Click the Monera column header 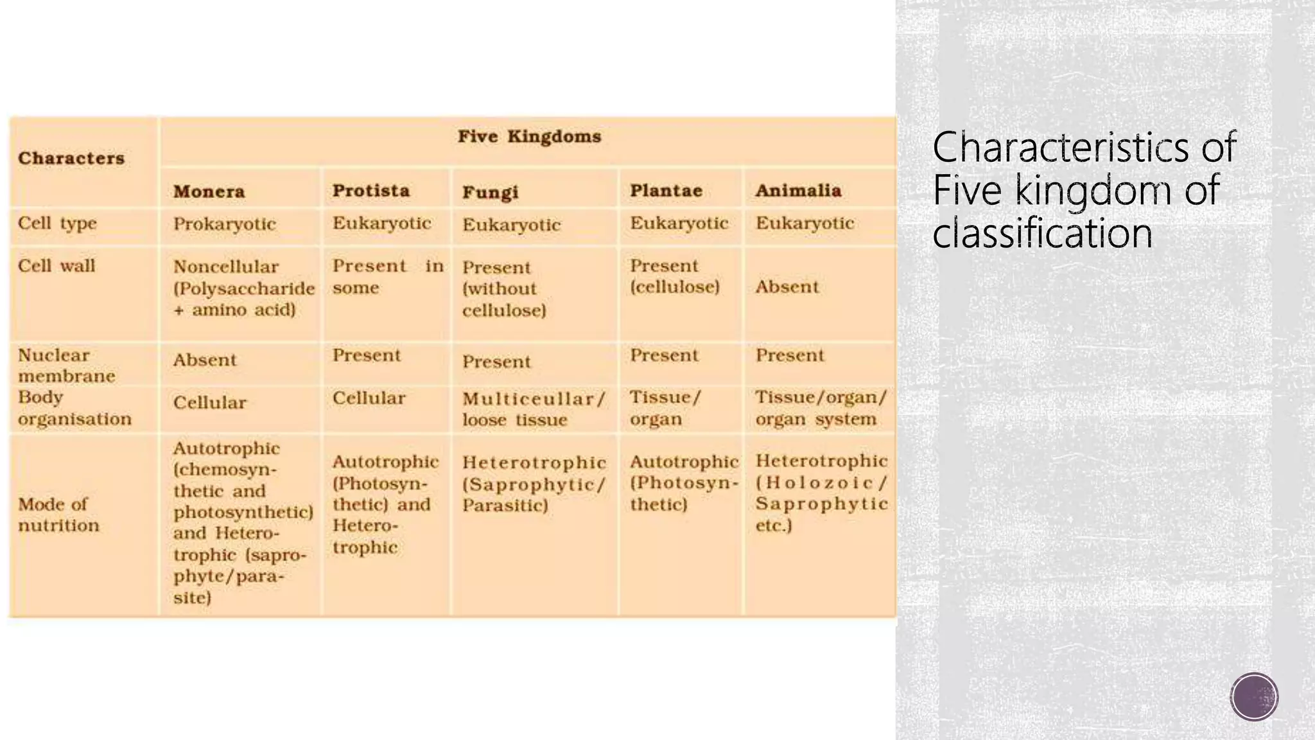pyautogui.click(x=209, y=191)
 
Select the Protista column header pyautogui.click(x=371, y=191)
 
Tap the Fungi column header pyautogui.click(x=491, y=192)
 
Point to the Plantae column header pyautogui.click(x=666, y=191)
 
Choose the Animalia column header pyautogui.click(x=798, y=191)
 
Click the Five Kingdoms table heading pyautogui.click(x=529, y=137)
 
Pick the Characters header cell pyautogui.click(x=71, y=159)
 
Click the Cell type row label pyautogui.click(x=58, y=224)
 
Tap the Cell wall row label pyautogui.click(x=57, y=266)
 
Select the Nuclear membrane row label pyautogui.click(x=66, y=366)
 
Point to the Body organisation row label pyautogui.click(x=74, y=409)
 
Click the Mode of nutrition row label pyautogui.click(x=58, y=515)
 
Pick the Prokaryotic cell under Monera pyautogui.click(x=225, y=224)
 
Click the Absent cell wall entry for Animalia pyautogui.click(x=787, y=287)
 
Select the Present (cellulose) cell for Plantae pyautogui.click(x=674, y=276)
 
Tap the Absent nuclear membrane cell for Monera pyautogui.click(x=205, y=360)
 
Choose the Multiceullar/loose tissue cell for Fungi pyautogui.click(x=534, y=409)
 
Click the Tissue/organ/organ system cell pyautogui.click(x=821, y=408)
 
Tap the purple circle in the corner pyautogui.click(x=1254, y=696)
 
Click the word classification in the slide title pyautogui.click(x=1042, y=233)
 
